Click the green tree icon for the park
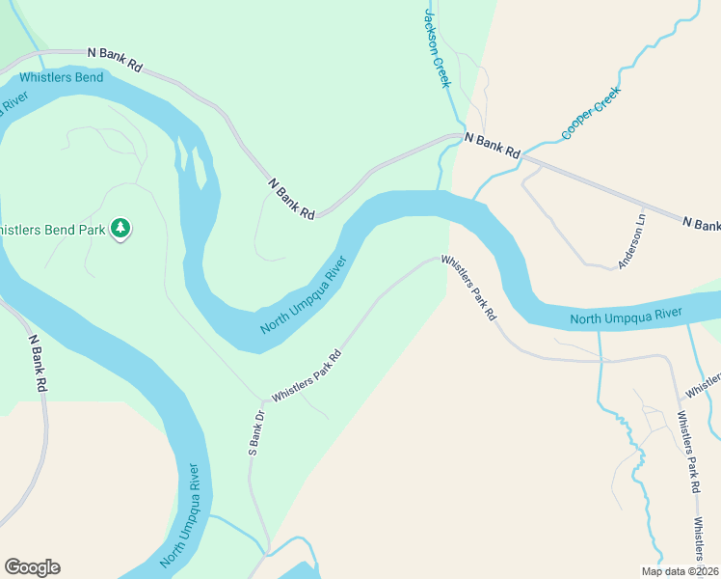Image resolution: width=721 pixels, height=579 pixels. coord(120,229)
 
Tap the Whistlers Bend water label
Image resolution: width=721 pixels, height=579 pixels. coord(61,77)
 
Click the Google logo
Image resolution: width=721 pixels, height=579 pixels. coord(32,567)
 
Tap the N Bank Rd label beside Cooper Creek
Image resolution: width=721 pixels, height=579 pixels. coord(493,146)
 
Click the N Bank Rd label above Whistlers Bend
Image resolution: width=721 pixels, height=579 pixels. coord(115,59)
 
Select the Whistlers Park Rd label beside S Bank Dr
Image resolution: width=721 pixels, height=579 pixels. coord(307,375)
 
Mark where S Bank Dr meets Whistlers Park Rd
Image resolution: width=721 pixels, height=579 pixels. coord(262,400)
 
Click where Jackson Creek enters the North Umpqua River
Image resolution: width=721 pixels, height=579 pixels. coord(440,190)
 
